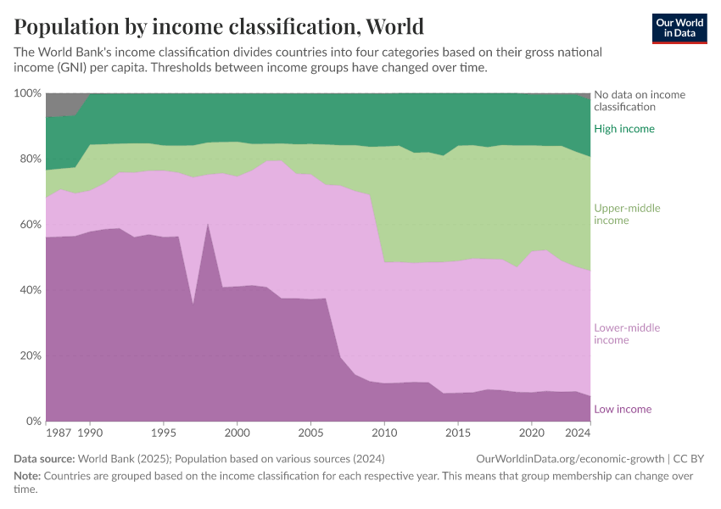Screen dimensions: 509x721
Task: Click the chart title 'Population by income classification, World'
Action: point(219,26)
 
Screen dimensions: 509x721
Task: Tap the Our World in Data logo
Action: point(679,28)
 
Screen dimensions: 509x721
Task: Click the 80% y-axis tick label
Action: point(29,159)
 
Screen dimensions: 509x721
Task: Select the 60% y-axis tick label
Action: point(29,225)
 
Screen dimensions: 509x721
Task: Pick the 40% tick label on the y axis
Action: point(29,290)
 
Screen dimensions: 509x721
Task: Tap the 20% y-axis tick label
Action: point(29,355)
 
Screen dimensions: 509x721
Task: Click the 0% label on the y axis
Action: point(32,422)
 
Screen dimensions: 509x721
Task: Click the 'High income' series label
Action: point(623,129)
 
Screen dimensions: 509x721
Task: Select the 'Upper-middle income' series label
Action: point(627,215)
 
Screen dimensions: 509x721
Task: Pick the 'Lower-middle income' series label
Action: point(627,334)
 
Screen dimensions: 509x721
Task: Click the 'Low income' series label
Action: point(623,410)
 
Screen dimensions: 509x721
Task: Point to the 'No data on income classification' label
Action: point(639,101)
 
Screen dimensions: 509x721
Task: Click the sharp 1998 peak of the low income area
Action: point(208,224)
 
